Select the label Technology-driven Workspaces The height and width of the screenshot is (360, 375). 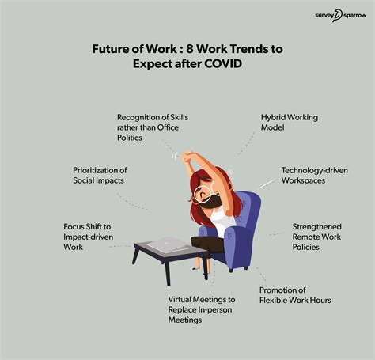tap(314, 176)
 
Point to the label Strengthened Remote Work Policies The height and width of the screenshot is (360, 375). tap(316, 237)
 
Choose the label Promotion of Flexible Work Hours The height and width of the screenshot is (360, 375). tap(295, 294)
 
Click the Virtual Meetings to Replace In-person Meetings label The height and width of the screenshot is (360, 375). tap(202, 310)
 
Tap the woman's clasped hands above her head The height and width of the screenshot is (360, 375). tap(187, 157)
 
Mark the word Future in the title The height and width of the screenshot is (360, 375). tap(114, 48)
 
